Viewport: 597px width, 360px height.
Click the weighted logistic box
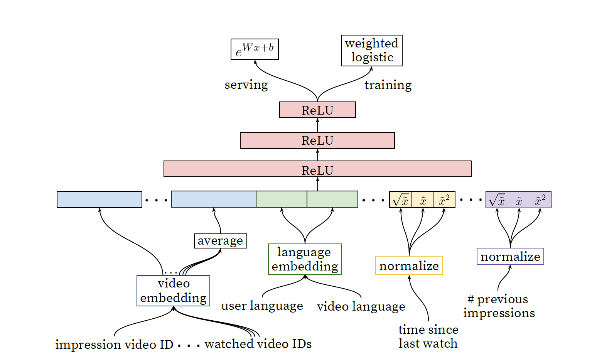(371, 51)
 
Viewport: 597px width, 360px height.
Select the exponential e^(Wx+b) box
(255, 49)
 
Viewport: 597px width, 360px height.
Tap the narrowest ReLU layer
(317, 110)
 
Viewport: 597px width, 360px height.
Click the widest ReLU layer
(317, 169)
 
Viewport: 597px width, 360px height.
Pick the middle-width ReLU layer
(317, 140)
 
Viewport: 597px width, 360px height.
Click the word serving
(246, 85)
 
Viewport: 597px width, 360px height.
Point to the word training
(388, 85)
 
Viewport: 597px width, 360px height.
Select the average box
(221, 241)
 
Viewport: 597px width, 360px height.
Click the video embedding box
(173, 291)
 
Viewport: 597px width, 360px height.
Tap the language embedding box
(305, 259)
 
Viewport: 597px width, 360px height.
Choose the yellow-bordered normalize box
(409, 265)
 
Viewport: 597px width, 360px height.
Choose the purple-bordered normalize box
(510, 256)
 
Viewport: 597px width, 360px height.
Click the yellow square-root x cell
(401, 199)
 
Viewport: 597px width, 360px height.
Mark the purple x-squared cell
(540, 199)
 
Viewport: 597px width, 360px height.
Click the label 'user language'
(262, 306)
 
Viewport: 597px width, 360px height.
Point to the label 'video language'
(361, 306)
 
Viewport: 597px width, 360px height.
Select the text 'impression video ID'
(114, 344)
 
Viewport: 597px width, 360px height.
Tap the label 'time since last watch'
(428, 336)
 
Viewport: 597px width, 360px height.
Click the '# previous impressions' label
(499, 306)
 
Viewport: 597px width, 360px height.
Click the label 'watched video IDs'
(258, 344)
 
